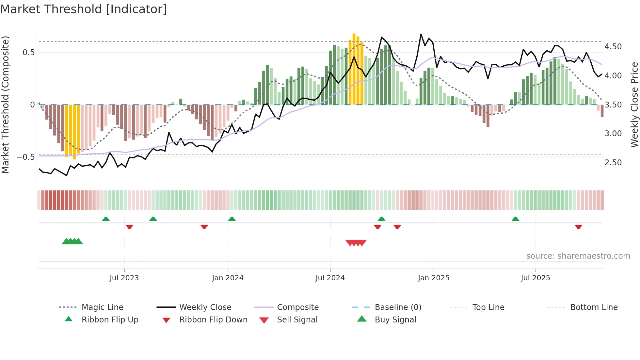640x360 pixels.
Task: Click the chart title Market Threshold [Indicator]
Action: (x=84, y=9)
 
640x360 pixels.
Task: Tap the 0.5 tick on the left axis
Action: (x=28, y=53)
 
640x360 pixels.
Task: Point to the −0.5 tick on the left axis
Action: (x=25, y=157)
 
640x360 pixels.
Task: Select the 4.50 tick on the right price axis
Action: (x=613, y=47)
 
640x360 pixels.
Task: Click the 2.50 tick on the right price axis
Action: (x=613, y=163)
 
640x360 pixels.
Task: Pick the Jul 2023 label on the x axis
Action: (x=124, y=278)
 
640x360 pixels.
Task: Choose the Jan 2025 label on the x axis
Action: (x=433, y=278)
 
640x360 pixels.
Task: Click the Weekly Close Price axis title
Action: (x=634, y=105)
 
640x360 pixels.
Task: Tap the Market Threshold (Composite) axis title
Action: (x=5, y=105)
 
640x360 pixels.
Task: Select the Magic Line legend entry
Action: (x=102, y=307)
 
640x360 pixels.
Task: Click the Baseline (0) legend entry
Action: (x=398, y=307)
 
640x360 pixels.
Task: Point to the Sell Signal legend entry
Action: (x=297, y=320)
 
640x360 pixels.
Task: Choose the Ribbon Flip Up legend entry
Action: (x=110, y=320)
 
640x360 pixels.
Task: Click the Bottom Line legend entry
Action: (x=594, y=307)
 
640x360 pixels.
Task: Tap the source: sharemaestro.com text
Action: (x=578, y=256)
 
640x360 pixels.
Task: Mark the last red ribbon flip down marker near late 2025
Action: (x=578, y=227)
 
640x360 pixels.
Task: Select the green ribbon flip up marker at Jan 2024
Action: (x=232, y=219)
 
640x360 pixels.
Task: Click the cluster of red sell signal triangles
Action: (x=356, y=243)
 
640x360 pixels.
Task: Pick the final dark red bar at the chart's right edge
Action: (x=602, y=111)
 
